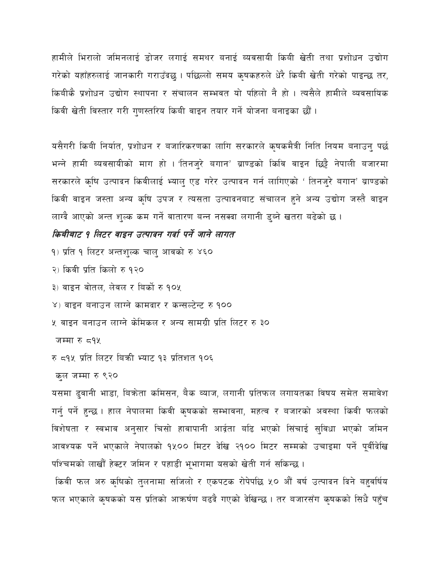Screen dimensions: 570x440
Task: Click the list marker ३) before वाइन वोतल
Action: (55, 287)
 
